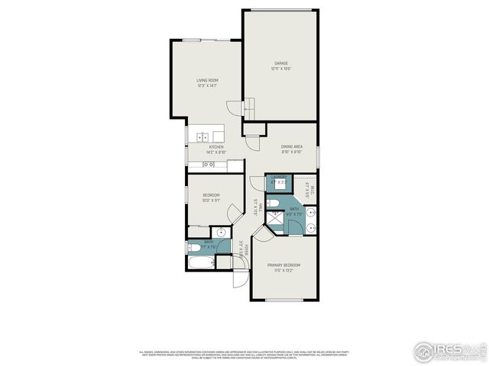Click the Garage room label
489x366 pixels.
[x=281, y=63]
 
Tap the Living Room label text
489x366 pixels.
[x=207, y=80]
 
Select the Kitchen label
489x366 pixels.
[x=216, y=146]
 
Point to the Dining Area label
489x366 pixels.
[x=292, y=146]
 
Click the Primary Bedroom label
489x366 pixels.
[x=283, y=265]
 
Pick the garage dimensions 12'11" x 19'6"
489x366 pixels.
[x=281, y=69]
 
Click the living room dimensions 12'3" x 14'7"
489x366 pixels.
[x=207, y=85]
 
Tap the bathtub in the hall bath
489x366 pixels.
[x=200, y=263]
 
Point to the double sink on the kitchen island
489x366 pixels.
[x=203, y=137]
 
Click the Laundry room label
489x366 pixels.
[x=278, y=178]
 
